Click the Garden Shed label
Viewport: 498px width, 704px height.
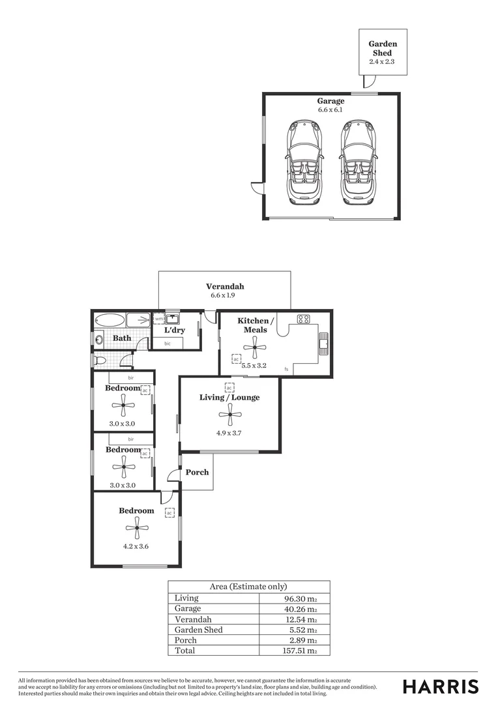[383, 49]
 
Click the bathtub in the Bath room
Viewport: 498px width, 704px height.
[109, 321]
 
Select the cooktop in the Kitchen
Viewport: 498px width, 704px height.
[303, 319]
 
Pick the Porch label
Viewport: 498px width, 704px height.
[197, 471]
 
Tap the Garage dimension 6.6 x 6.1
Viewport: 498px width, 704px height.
[330, 110]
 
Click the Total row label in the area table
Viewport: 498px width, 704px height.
[184, 650]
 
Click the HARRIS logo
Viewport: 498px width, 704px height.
[440, 686]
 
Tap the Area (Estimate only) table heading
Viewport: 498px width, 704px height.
[248, 587]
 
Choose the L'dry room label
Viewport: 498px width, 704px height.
[175, 330]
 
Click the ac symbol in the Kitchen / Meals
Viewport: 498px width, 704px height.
[236, 359]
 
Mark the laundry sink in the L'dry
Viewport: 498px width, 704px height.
[172, 319]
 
